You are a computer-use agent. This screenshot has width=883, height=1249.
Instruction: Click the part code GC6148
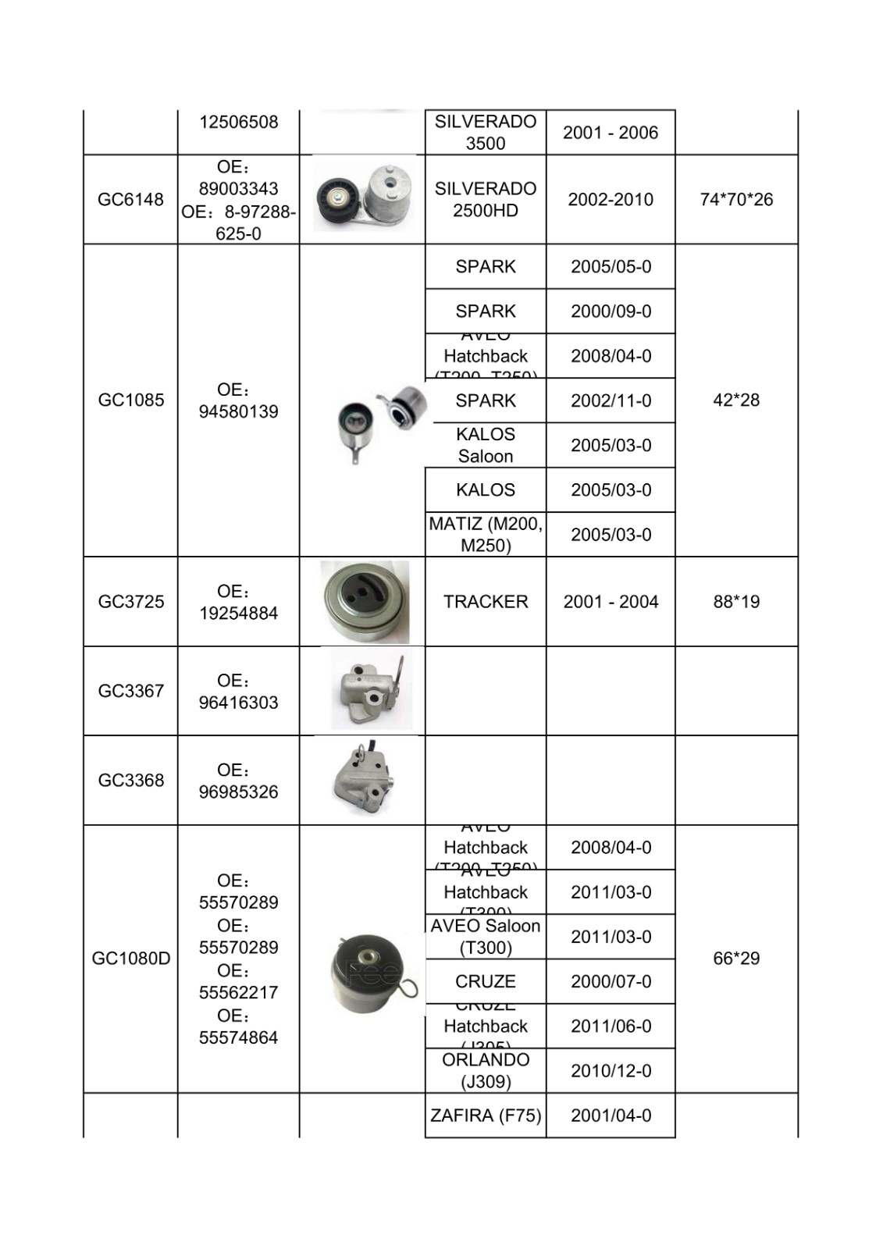[x=130, y=199]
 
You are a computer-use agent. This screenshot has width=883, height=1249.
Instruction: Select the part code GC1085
[x=130, y=400]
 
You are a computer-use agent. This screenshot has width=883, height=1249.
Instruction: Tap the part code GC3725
[x=130, y=601]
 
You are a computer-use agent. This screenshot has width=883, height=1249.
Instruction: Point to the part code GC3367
[x=130, y=691]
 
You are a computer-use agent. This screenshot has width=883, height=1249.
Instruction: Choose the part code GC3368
[x=130, y=780]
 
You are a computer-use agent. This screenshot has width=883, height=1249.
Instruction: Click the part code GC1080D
[x=130, y=958]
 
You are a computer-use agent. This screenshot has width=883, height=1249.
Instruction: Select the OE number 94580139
[x=238, y=411]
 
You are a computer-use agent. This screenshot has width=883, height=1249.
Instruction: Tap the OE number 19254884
[x=238, y=613]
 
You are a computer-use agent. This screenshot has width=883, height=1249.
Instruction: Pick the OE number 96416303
[x=238, y=703]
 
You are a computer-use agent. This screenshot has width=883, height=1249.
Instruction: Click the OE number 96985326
[x=238, y=792]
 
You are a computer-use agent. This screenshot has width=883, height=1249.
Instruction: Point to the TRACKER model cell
[x=486, y=601]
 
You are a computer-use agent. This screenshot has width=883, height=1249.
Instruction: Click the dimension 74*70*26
[x=736, y=199]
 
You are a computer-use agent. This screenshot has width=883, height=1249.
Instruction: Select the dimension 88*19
[x=736, y=601]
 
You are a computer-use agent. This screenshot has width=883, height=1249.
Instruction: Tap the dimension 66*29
[x=736, y=958]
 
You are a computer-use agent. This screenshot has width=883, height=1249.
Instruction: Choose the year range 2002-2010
[x=611, y=199]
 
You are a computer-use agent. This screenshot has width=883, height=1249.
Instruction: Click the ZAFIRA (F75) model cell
[x=486, y=1116]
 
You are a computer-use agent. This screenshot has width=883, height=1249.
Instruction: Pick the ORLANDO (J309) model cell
[x=486, y=1070]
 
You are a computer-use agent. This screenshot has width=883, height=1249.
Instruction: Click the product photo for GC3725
[x=365, y=602]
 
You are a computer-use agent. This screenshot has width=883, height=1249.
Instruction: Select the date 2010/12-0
[x=611, y=1070]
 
